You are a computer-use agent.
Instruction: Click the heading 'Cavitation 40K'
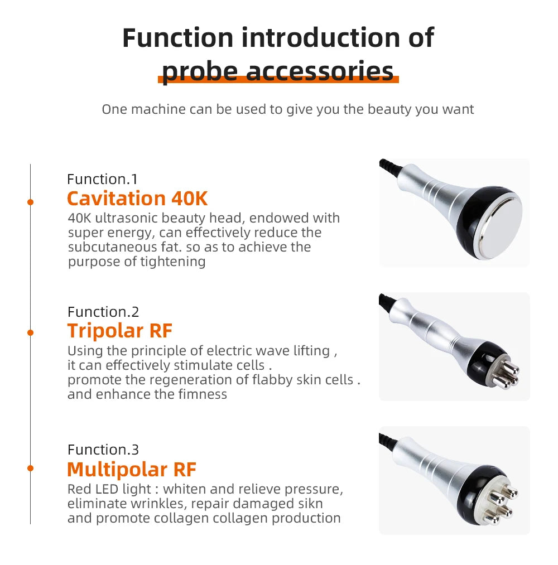tap(137, 199)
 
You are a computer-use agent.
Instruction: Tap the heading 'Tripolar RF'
tap(120, 331)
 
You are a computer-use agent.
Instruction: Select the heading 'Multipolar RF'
tap(132, 469)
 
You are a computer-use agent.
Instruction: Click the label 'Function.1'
tap(102, 179)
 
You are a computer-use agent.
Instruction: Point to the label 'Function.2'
tap(103, 312)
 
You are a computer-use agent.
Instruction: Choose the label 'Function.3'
tap(103, 450)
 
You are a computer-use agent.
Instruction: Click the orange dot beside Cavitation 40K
tap(31, 201)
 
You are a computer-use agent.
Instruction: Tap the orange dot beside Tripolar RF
tap(31, 333)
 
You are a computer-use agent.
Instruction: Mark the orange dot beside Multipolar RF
tap(31, 469)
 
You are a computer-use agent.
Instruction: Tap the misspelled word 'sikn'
tap(310, 504)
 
